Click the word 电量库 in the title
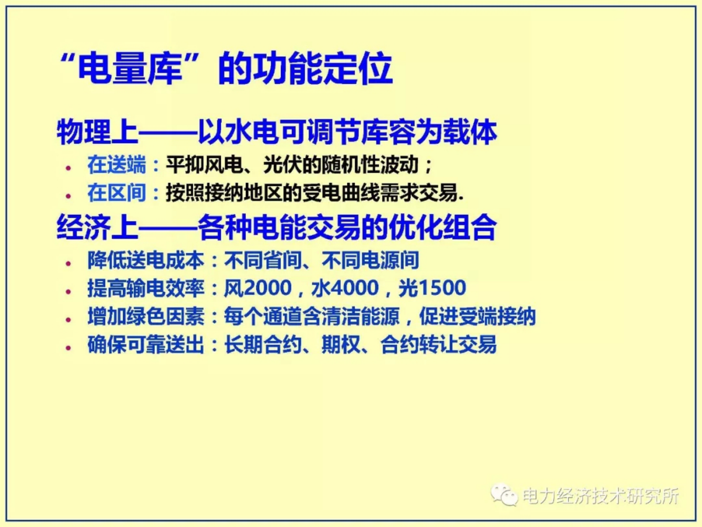(130, 69)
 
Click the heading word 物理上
(97, 132)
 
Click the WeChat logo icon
(504, 494)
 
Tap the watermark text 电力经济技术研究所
(600, 496)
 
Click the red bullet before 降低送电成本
(68, 263)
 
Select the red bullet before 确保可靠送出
(68, 348)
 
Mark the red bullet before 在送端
(68, 168)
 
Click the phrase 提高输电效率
(146, 288)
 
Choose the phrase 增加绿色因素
(146, 317)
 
